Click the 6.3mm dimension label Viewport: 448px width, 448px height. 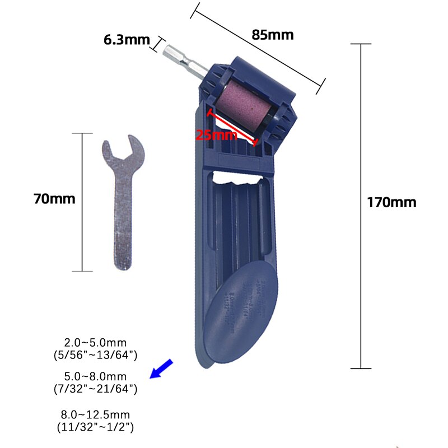127,40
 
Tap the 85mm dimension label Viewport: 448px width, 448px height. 272,35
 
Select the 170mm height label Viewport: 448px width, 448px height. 391,202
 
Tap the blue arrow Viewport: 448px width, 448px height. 162,370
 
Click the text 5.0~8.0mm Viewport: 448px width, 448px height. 95,376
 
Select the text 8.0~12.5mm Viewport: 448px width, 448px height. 95,415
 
